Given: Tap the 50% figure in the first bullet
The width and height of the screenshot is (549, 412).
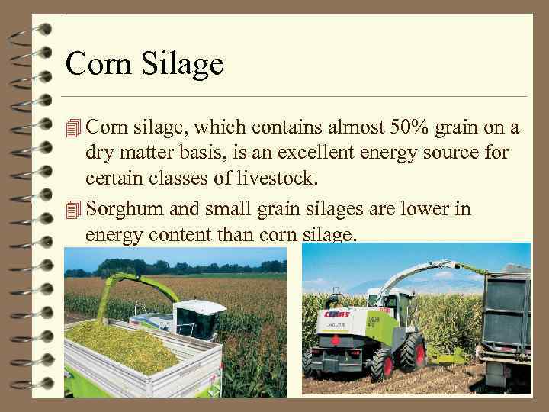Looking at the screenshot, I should pyautogui.click(x=396, y=126).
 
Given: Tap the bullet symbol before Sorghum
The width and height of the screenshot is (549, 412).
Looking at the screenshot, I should pyautogui.click(x=73, y=209).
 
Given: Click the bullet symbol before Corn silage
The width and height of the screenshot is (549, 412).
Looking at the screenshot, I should pyautogui.click(x=73, y=126).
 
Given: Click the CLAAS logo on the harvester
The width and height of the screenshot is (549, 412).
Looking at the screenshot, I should pyautogui.click(x=335, y=314).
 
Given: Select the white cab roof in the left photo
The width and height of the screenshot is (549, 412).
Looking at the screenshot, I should pyautogui.click(x=201, y=307).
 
